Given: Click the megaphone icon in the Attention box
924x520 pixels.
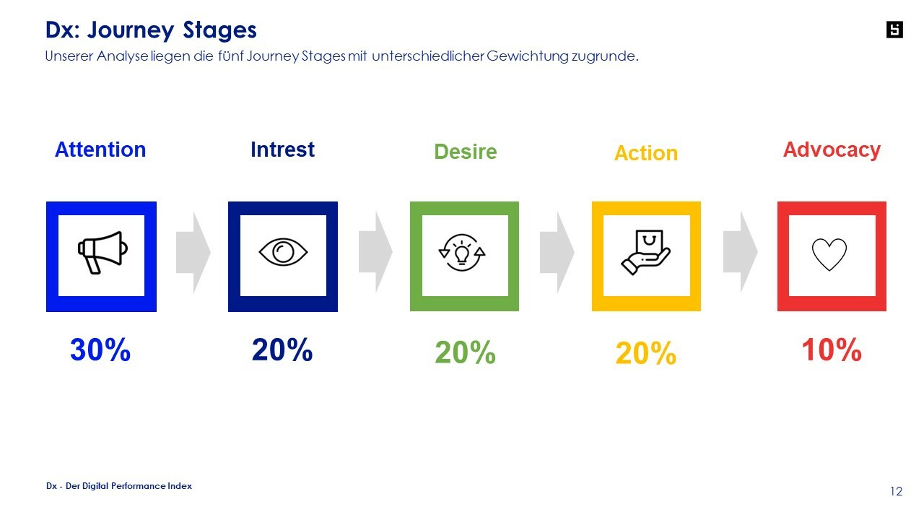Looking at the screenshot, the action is click(x=103, y=253).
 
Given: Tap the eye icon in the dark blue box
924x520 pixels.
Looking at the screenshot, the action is click(x=283, y=252).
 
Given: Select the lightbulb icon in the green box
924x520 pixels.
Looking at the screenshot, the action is click(x=462, y=252).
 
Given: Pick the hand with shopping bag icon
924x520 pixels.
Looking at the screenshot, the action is click(x=646, y=252).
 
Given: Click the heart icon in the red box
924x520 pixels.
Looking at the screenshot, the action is click(x=829, y=254).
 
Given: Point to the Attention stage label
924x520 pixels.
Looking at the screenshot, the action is click(x=100, y=149).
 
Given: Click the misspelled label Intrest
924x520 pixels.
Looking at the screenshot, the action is click(x=282, y=149).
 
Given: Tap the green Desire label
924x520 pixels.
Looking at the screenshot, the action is click(x=466, y=152).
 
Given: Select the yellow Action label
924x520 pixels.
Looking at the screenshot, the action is click(x=646, y=153).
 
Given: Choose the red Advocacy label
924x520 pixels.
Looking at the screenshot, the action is click(x=832, y=149).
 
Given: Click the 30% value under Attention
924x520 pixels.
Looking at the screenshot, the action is click(x=100, y=350).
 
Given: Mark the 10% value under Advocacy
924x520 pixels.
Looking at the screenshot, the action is click(x=832, y=350).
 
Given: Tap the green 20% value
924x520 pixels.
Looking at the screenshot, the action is click(x=466, y=352).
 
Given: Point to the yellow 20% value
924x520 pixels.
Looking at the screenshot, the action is click(x=646, y=353).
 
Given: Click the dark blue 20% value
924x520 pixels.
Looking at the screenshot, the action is click(x=282, y=350).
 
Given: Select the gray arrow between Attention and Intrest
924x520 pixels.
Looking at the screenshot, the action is click(x=193, y=252).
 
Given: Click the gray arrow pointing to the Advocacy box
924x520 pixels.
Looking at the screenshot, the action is click(x=741, y=252).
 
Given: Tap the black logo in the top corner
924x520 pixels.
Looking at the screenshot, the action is click(x=894, y=30).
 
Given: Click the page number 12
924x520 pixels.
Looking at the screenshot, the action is click(x=896, y=491).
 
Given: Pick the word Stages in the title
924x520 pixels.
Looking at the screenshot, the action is click(x=219, y=30).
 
